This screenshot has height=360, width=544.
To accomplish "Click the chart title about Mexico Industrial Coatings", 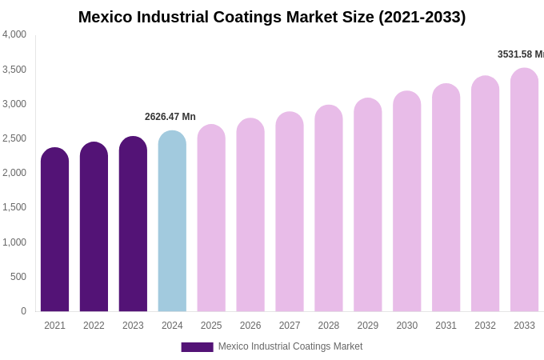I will (x=272, y=17).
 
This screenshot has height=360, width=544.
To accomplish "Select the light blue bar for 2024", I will (x=172, y=222).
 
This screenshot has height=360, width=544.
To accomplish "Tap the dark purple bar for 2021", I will (x=54, y=230).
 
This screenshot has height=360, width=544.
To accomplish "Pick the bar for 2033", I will (x=524, y=190).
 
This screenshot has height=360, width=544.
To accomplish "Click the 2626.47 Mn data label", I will (x=170, y=117).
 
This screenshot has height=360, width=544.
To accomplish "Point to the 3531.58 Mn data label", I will (x=520, y=54).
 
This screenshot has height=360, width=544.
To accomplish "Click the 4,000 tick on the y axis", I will (x=14, y=34).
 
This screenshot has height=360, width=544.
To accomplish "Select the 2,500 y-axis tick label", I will (x=14, y=138).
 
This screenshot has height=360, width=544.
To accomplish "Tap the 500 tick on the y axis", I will (x=18, y=277).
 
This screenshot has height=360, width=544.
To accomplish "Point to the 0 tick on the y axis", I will (x=23, y=311).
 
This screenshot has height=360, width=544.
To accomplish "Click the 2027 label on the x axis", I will (x=290, y=326).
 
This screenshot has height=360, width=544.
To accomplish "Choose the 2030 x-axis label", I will (x=406, y=326).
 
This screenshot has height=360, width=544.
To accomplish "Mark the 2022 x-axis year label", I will (x=94, y=326).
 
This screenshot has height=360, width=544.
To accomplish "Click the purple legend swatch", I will (x=197, y=347).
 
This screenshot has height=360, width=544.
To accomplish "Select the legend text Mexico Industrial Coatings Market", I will (x=290, y=346).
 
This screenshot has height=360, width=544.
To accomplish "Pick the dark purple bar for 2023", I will (x=133, y=224).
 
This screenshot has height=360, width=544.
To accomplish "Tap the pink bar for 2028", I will (x=329, y=209).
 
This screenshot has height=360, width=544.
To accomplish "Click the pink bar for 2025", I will (x=211, y=218).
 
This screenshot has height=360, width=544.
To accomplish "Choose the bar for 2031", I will (x=446, y=198).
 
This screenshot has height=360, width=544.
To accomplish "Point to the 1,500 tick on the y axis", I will (x=14, y=207).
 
